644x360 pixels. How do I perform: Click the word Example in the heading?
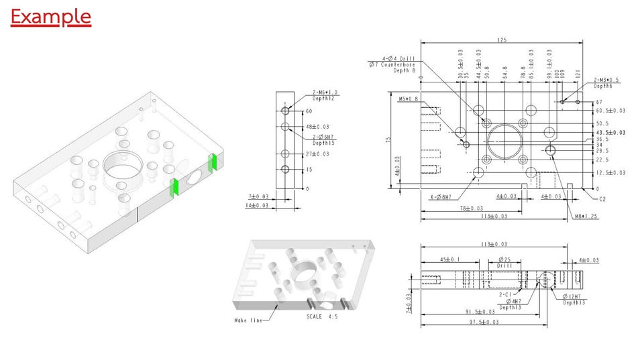[50, 16]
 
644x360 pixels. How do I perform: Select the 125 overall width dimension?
[502, 41]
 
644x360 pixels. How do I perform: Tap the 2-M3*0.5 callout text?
[607, 80]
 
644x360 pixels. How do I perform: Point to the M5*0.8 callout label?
[407, 99]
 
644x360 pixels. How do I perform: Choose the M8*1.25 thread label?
[586, 217]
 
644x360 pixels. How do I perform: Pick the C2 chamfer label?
[602, 199]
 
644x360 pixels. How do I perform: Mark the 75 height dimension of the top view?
[388, 140]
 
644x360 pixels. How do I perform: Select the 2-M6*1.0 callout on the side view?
[325, 93]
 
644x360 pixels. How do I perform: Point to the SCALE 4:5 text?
[322, 316]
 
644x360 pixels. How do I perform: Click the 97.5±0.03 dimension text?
[483, 322]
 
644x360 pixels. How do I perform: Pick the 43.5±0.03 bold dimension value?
[610, 133]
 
